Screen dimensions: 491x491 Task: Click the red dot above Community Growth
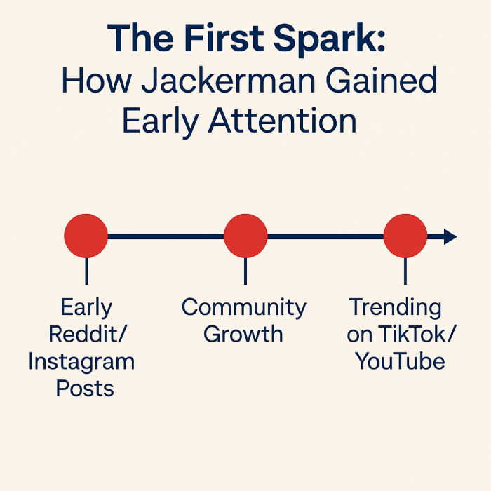(245, 236)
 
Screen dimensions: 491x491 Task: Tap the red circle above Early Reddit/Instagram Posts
(86, 236)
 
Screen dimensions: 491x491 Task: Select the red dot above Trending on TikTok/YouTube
(405, 236)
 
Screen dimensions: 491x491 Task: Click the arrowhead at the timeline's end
(450, 236)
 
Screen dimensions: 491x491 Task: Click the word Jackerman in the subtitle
(228, 80)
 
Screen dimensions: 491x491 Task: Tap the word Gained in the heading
(382, 80)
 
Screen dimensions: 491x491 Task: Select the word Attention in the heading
(283, 121)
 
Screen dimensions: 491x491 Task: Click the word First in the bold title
(224, 38)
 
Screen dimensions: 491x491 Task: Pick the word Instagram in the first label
(81, 363)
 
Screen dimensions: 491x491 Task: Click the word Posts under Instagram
(85, 389)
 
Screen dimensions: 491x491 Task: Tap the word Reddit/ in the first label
(88, 334)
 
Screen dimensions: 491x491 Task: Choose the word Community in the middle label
(244, 308)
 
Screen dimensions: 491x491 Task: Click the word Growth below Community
(243, 334)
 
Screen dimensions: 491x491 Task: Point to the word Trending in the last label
(395, 308)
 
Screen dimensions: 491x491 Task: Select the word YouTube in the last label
(400, 361)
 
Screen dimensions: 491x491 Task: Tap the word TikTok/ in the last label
(417, 334)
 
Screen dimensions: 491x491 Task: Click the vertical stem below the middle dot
(245, 271)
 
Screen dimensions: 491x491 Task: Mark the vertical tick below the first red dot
(86, 271)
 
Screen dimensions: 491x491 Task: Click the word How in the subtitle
(97, 80)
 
